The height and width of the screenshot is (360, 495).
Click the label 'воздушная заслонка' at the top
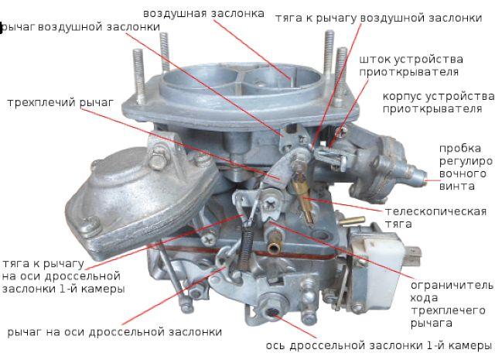click(x=203, y=14)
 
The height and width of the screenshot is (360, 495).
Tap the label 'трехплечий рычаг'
click(x=60, y=103)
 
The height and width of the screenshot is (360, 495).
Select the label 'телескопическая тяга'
click(x=435, y=218)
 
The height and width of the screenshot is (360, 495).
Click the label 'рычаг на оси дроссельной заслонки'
click(x=114, y=332)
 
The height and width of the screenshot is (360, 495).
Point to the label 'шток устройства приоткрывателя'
click(x=411, y=66)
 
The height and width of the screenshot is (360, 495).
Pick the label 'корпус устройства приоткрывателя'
click(x=439, y=103)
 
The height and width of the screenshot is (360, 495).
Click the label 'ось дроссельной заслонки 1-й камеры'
click(x=378, y=345)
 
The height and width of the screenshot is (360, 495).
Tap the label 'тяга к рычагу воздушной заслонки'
click(x=379, y=18)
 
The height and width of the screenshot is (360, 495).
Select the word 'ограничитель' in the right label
click(x=452, y=286)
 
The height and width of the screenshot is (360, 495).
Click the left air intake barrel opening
click(x=202, y=77)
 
